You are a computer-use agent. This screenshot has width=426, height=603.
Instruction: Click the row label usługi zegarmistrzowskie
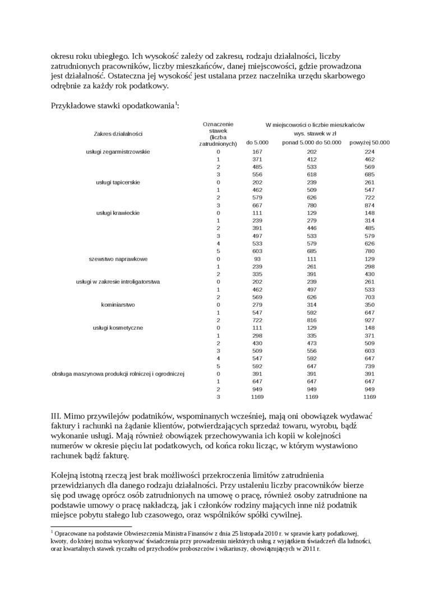[118, 152]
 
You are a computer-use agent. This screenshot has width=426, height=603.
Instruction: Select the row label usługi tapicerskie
[118, 182]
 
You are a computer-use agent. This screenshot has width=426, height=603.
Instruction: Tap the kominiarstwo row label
[118, 305]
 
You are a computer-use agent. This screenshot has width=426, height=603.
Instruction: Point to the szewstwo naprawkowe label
[118, 259]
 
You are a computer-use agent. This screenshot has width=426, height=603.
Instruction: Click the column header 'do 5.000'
[257, 142]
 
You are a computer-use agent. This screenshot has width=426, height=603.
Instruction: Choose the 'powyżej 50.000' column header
[369, 142]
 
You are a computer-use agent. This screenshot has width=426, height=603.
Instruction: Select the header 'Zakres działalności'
[118, 134]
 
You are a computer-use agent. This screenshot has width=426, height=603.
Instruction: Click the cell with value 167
[257, 152]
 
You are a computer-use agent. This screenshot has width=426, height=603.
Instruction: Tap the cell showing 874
[369, 205]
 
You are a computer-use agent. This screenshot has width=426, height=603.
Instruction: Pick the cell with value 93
[257, 259]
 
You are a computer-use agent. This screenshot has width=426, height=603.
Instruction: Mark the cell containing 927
[369, 320]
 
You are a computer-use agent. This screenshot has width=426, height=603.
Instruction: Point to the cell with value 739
[369, 366]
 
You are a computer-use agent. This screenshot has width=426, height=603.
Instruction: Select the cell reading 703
[369, 297]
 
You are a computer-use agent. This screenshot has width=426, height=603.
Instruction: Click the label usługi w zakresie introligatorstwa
[118, 282]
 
